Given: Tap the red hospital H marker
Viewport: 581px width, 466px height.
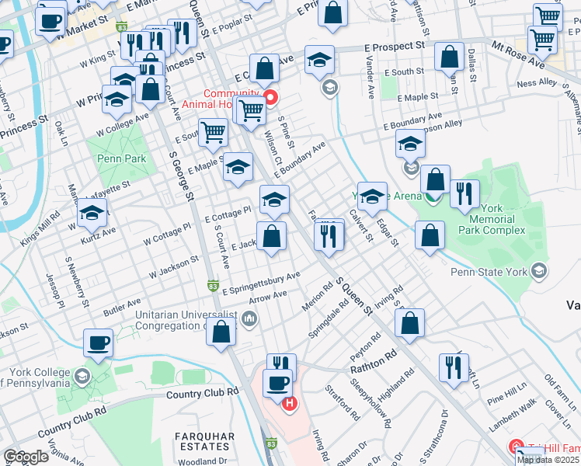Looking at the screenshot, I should [290, 403].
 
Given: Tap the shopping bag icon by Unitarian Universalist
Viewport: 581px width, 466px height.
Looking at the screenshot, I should [222, 332].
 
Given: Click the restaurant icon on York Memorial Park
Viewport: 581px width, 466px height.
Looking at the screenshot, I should [464, 194].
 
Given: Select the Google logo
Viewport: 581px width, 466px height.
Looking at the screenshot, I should [26, 457].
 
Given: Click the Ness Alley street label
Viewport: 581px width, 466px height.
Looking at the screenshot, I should [537, 82].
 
